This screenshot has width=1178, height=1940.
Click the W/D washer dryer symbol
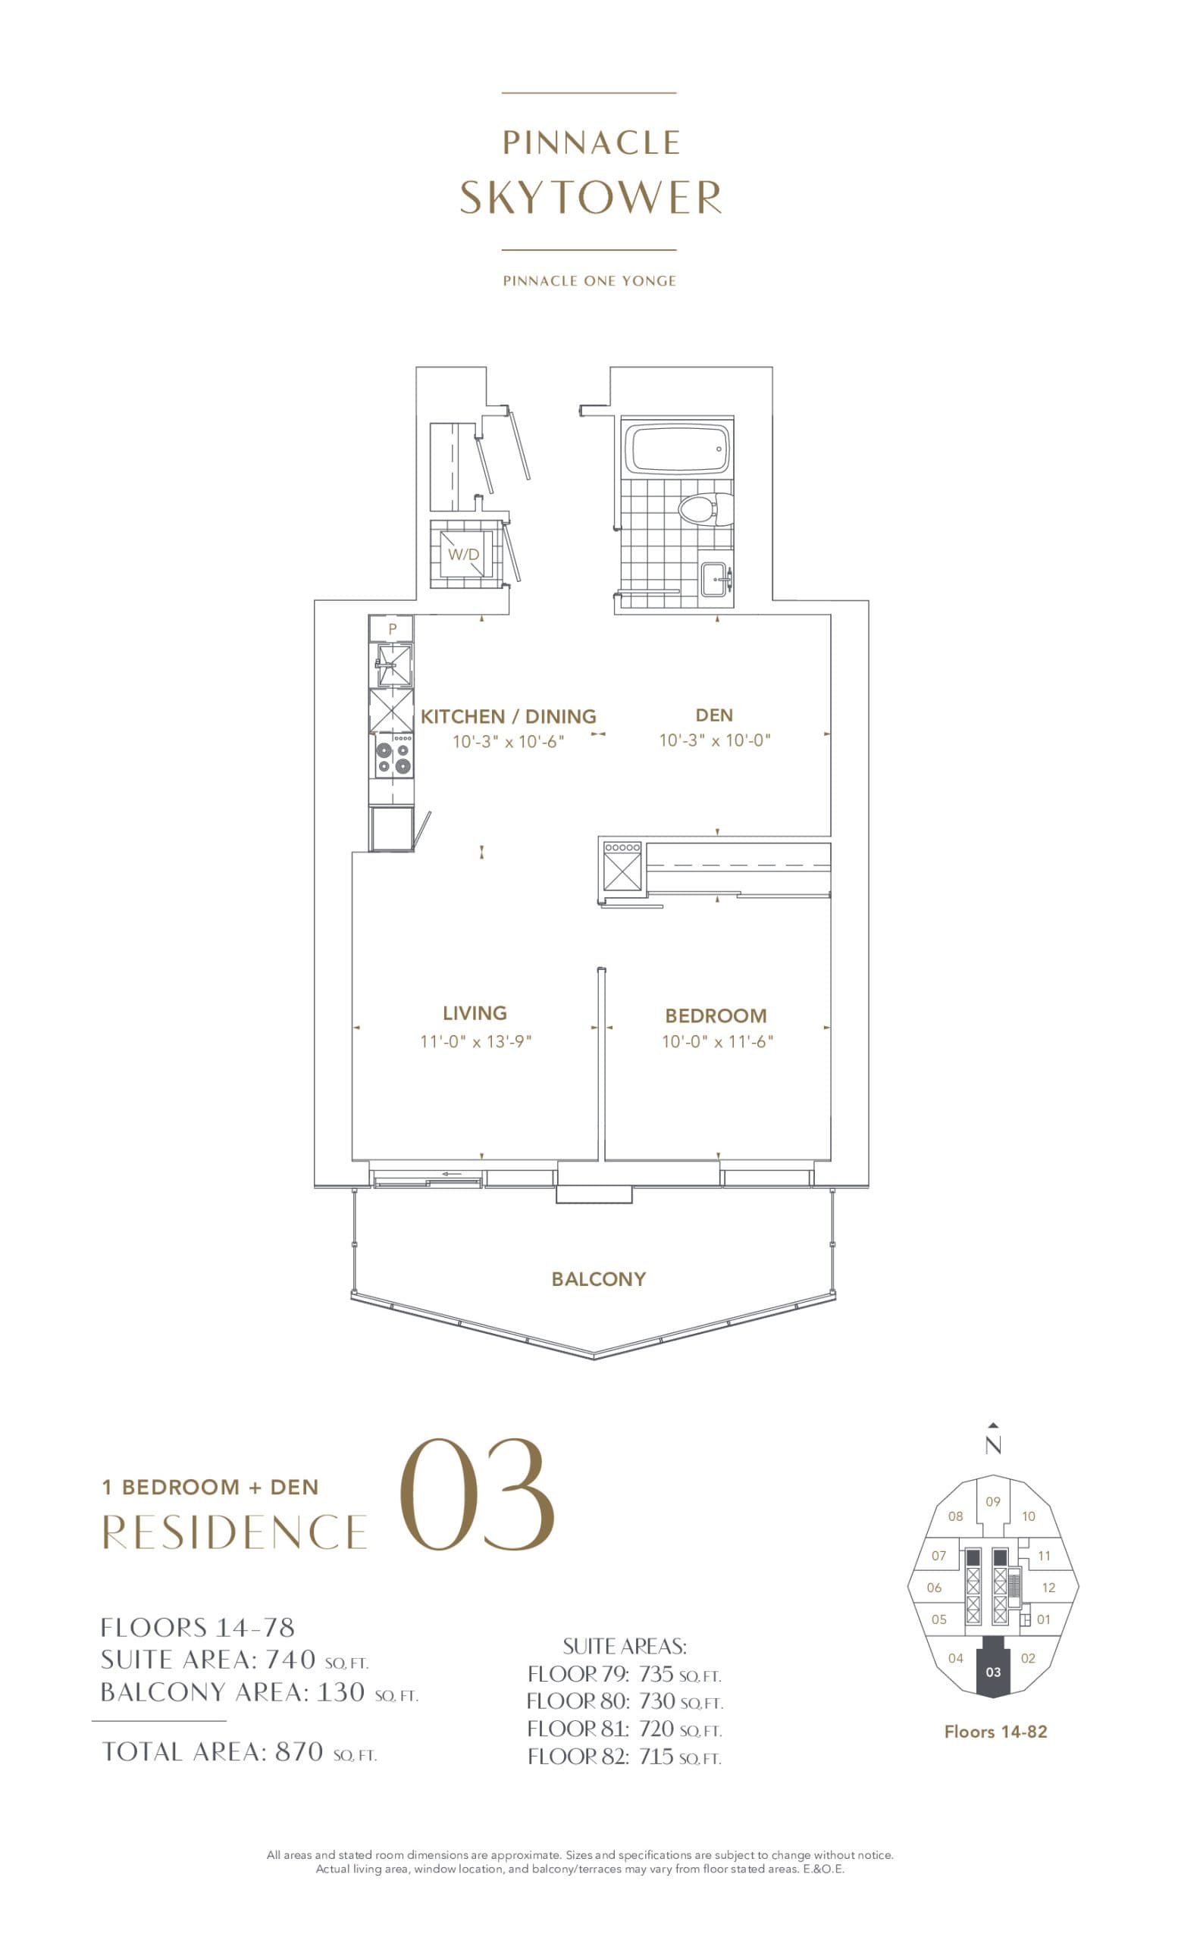tap(464, 554)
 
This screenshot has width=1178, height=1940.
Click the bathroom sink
tap(716, 580)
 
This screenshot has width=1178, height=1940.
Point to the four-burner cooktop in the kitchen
tap(393, 755)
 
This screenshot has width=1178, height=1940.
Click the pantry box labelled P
tap(392, 629)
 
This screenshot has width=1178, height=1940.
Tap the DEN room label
tap(714, 715)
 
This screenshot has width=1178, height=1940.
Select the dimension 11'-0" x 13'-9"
tap(475, 1042)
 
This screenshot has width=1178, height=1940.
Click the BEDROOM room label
tap(715, 1015)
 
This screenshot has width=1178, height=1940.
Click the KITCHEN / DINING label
tap(508, 716)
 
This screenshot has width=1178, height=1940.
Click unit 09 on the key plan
tap(993, 1502)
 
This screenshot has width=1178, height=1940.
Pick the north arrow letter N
tap(993, 1446)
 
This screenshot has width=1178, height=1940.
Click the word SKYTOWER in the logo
tap(590, 198)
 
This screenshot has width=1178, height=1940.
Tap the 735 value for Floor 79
tap(656, 1675)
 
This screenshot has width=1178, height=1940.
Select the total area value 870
tap(299, 1752)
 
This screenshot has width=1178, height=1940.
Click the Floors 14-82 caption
tap(995, 1732)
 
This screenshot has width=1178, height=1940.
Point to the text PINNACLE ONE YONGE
tap(589, 281)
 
